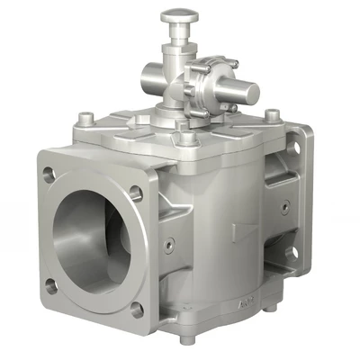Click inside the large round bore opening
pyautogui.click(x=91, y=236)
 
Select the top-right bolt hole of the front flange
pyautogui.click(x=135, y=192)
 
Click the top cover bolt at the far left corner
pyautogui.click(x=85, y=117)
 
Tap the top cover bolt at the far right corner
pyautogui.click(x=271, y=114)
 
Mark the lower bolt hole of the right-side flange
pyautogui.click(x=290, y=253)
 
